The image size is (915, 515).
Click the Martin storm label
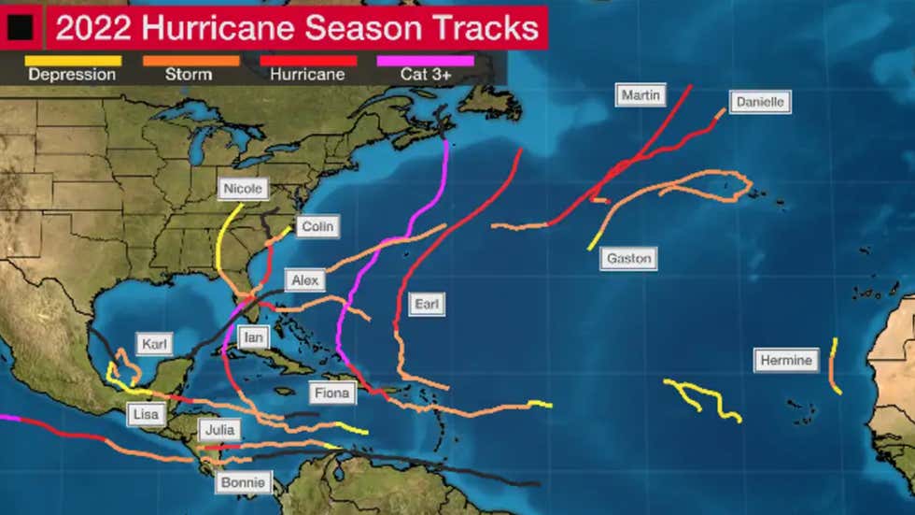[x=641, y=95]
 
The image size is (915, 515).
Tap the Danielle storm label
[x=759, y=102]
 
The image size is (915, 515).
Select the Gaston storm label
[x=628, y=258]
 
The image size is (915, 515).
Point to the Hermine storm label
[x=786, y=360]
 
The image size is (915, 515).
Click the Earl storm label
[x=427, y=304]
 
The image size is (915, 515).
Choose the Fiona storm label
[x=331, y=393]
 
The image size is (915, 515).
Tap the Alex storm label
[x=304, y=280]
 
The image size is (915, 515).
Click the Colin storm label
[x=317, y=226]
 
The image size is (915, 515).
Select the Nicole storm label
[x=243, y=189]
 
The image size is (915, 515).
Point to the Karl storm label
[x=154, y=344]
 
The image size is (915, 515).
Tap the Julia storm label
[x=218, y=431]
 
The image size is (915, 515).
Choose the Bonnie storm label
[x=245, y=483]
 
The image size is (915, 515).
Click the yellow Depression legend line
[x=73, y=61]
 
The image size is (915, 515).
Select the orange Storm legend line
[x=190, y=61]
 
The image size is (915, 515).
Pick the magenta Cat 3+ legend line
[x=425, y=61]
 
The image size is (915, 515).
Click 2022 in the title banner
[x=91, y=28]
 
